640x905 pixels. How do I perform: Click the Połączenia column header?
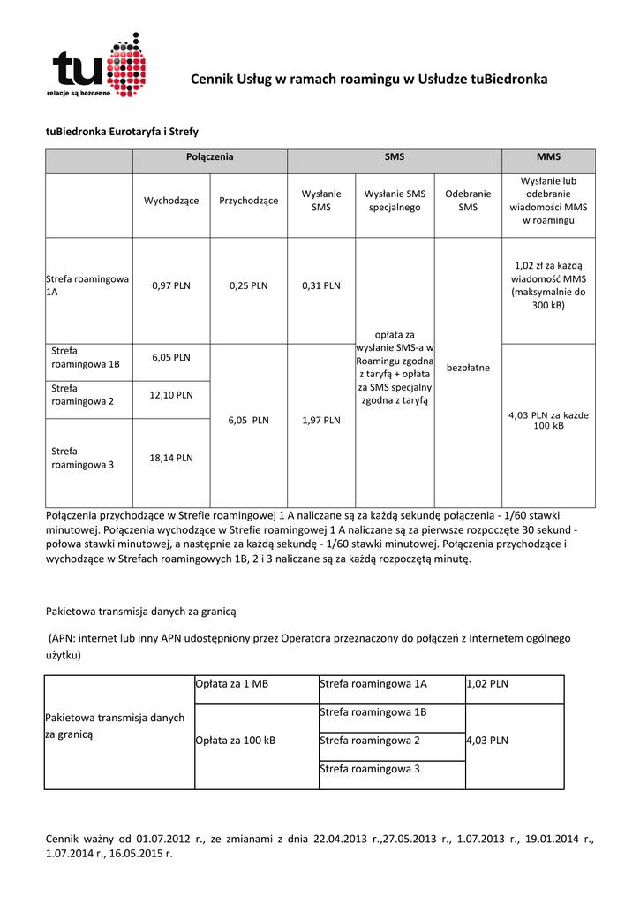209,160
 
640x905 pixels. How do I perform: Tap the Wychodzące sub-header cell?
171,201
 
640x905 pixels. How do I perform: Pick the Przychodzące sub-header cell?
248,201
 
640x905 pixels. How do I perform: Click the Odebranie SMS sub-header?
468,201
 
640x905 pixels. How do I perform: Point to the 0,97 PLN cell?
171,285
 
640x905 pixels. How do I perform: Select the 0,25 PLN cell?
248,285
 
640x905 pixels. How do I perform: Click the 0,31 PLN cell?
320,285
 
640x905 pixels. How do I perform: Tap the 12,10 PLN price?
171,395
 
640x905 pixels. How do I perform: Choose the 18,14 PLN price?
171,458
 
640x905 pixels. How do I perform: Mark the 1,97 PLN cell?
320,421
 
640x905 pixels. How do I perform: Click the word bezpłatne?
468,367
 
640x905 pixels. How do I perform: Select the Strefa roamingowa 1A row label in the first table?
87,286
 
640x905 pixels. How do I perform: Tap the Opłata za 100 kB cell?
235,741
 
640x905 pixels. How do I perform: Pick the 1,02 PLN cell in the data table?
486,684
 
